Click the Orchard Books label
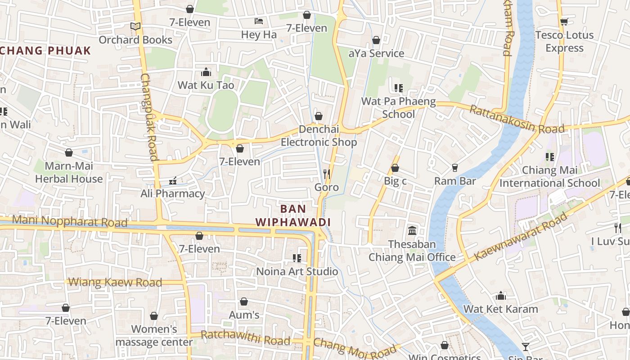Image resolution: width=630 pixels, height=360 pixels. click(135, 40)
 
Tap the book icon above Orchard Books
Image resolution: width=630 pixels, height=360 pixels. click(135, 26)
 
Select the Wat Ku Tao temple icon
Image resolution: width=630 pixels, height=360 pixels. click(206, 72)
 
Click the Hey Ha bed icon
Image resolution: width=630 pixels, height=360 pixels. click(259, 21)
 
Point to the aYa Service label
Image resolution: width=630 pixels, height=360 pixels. click(376, 54)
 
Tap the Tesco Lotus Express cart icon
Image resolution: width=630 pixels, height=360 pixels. click(564, 22)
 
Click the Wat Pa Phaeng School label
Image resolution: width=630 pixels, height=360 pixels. click(398, 108)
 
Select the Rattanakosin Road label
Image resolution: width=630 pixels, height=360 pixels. click(517, 119)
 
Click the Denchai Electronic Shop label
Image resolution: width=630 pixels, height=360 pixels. click(319, 135)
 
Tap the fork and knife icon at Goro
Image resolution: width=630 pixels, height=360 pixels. click(327, 174)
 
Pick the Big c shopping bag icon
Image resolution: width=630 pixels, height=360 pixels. click(395, 168)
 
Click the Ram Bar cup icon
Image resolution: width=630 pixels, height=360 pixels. click(455, 168)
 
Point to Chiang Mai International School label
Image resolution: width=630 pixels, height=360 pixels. click(549, 177)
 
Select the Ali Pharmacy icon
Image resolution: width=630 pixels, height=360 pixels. click(173, 181)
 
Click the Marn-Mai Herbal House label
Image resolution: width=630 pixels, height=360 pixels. click(69, 172)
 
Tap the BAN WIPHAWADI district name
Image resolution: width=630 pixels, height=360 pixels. click(293, 216)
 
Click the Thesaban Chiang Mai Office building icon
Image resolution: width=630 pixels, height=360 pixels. click(412, 231)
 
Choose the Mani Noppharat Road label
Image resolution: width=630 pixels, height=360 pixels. click(70, 221)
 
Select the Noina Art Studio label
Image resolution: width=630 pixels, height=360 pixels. click(297, 271)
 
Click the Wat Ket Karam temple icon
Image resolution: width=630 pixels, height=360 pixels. click(501, 296)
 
